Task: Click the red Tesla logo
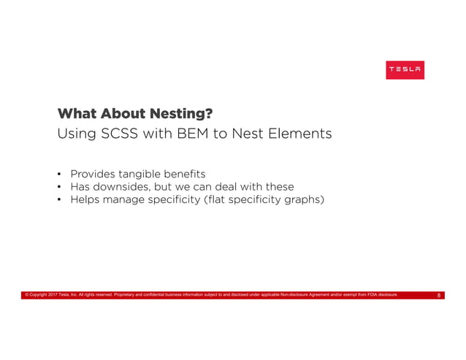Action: click(x=405, y=69)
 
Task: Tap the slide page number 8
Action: click(x=438, y=295)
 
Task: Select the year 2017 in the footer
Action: click(x=50, y=295)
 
